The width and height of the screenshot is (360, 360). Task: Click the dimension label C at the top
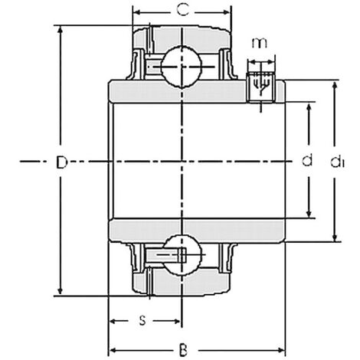pyautogui.click(x=183, y=11)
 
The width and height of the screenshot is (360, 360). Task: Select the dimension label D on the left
pyautogui.click(x=61, y=162)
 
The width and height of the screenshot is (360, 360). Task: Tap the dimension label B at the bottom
pyautogui.click(x=183, y=350)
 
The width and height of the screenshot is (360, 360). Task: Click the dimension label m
pyautogui.click(x=260, y=43)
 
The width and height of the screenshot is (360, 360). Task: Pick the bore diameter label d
pyautogui.click(x=307, y=160)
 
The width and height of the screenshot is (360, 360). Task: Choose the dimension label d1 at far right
pyautogui.click(x=338, y=162)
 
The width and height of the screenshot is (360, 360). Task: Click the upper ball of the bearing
pyautogui.click(x=182, y=67)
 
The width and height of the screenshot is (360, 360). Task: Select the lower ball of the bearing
pyautogui.click(x=182, y=255)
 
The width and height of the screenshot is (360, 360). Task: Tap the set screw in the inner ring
pyautogui.click(x=260, y=87)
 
